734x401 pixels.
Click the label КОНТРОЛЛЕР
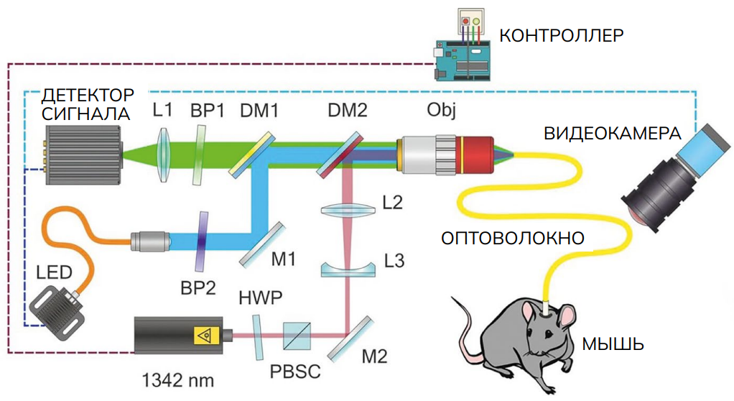tap(562, 34)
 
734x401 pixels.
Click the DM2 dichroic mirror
tap(346, 153)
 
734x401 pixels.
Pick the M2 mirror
tap(350, 338)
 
